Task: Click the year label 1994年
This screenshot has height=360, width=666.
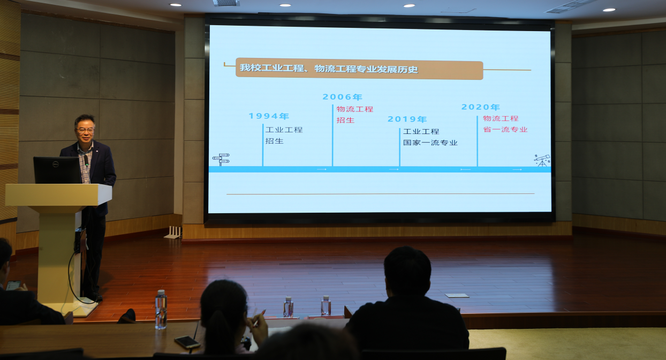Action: point(269,116)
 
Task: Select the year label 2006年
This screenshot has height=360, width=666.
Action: point(342,97)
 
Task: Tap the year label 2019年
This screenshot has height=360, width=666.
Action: point(407,119)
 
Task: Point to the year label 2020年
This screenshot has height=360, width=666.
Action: point(480,107)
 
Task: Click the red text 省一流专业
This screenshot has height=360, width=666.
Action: point(505,130)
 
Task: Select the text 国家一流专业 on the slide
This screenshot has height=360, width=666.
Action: point(430,143)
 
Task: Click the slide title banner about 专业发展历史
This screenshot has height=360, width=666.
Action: point(359,69)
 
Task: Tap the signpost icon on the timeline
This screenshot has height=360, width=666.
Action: point(221,160)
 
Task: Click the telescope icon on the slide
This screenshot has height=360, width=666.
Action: point(542,160)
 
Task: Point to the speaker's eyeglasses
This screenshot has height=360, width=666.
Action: point(85,130)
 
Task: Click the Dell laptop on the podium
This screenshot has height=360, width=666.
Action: point(57,170)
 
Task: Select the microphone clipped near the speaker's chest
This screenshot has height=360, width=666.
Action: point(86,160)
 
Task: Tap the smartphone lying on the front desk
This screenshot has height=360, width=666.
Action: point(187,342)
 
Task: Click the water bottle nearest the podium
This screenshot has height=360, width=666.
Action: point(161,310)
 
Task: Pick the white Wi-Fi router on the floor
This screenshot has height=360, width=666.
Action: point(173,232)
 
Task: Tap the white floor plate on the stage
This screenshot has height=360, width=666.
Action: point(457,295)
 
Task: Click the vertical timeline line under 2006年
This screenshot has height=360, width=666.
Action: point(332,136)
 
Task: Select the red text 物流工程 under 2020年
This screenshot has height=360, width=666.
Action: point(501,118)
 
